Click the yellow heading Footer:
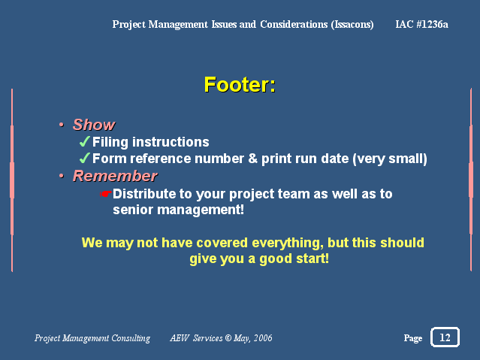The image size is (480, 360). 240,85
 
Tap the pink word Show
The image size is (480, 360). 94,125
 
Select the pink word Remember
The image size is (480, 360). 115,176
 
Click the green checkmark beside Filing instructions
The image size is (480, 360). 84,141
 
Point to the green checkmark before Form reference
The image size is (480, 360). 84,158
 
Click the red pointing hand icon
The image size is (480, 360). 105,194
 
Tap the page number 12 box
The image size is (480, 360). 445,337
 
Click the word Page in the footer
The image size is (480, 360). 413,338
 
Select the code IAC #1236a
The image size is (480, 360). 421,24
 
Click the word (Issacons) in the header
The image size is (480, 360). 352,25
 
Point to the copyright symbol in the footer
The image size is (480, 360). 228,337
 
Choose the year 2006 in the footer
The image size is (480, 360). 263,338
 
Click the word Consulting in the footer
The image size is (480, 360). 131,338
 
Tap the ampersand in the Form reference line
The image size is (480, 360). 253,159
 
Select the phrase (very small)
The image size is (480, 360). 390,159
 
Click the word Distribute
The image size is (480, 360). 144,194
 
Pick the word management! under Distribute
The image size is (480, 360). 201,210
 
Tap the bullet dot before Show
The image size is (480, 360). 62,125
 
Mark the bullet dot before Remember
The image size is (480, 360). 62,176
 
